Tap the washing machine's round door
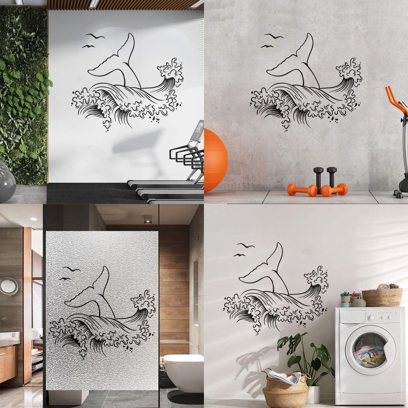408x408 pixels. tap(370, 352)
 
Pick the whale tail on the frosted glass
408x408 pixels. tap(90, 294)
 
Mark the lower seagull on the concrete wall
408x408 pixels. tap(267, 46)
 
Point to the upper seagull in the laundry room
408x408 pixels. tap(246, 245)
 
